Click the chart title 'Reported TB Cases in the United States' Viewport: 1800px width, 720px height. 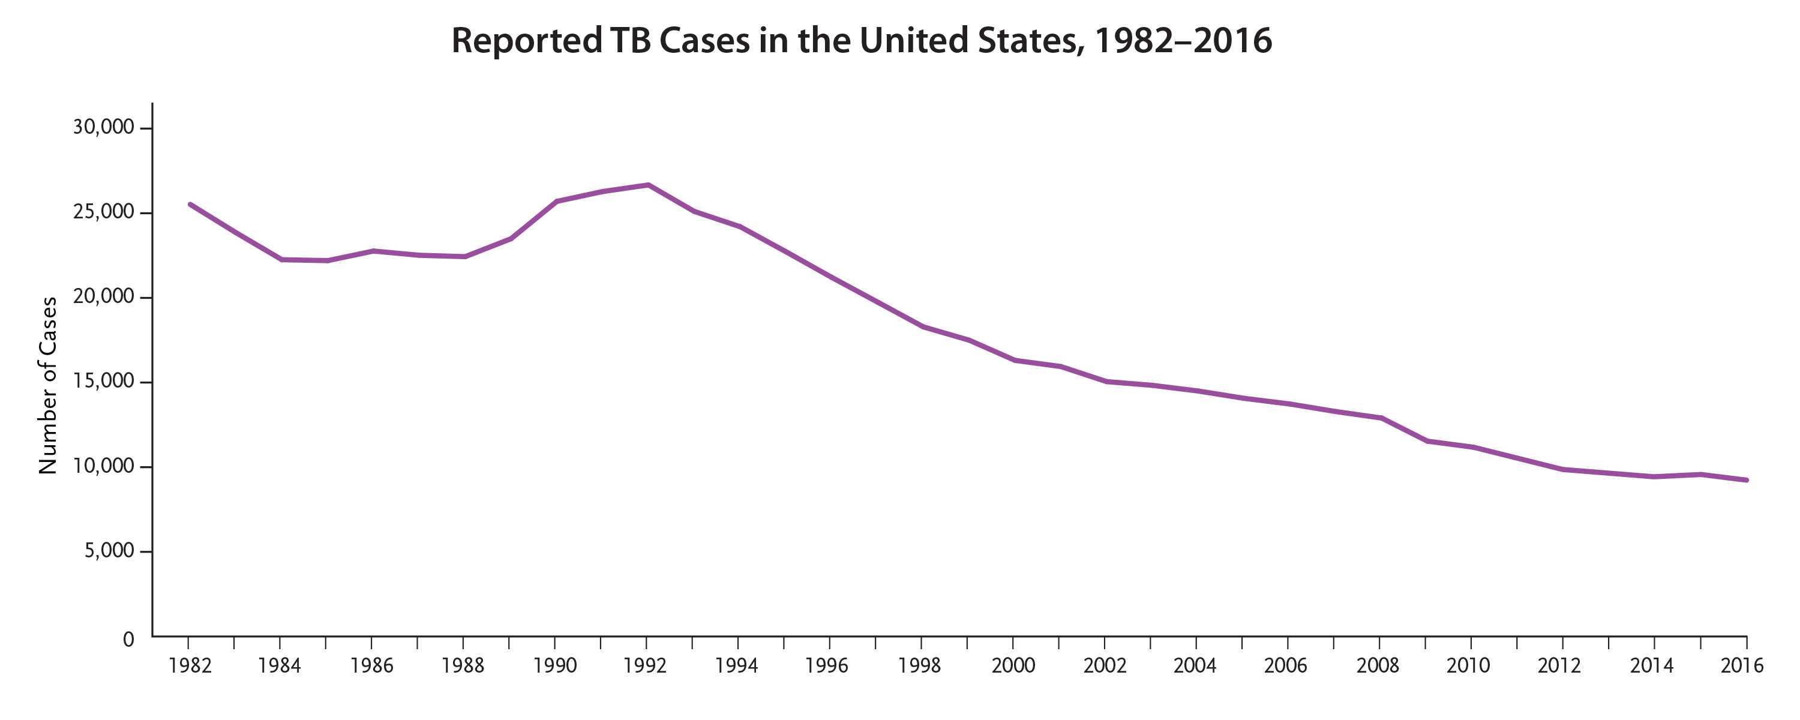tap(861, 41)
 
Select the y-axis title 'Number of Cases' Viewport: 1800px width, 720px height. tap(47, 386)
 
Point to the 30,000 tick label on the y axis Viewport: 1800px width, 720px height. tap(103, 127)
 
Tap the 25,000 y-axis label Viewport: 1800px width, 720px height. tap(103, 212)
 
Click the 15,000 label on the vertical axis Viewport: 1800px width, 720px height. tap(103, 382)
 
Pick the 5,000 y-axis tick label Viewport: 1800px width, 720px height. tap(109, 551)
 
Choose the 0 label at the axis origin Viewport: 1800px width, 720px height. tap(128, 639)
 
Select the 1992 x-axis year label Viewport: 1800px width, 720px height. tap(645, 665)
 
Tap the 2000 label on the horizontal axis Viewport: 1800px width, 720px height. tap(1013, 665)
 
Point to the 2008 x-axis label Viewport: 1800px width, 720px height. tap(1378, 665)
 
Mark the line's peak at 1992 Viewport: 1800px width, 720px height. tap(648, 185)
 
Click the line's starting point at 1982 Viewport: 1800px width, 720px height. tap(190, 204)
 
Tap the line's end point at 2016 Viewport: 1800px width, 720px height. tap(1746, 480)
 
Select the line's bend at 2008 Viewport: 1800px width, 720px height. tap(1381, 418)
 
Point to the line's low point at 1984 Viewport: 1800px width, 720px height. tap(281, 259)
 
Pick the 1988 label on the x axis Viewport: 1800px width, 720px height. tap(463, 665)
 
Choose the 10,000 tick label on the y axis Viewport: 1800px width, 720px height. tap(103, 466)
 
